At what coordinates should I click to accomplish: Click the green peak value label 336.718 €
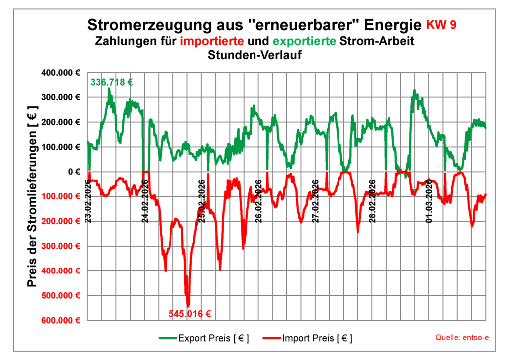(111, 82)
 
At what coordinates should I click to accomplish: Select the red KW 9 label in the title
(441, 25)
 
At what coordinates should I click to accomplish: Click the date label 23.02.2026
(88, 201)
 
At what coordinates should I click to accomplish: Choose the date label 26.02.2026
(259, 201)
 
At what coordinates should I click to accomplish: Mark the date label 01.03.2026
(430, 201)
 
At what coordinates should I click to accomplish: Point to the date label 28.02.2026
(373, 201)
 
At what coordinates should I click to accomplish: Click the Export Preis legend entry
(204, 338)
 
